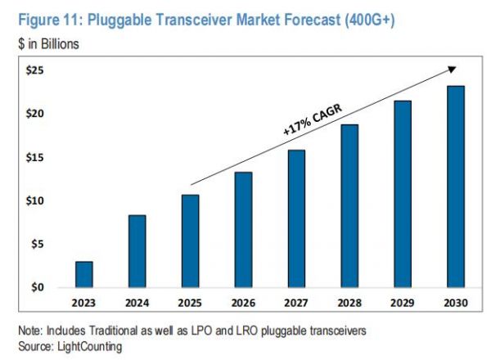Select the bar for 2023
tap(83, 274)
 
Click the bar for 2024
tap(137, 251)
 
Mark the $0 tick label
tap(38, 287)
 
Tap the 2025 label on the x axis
tap(190, 304)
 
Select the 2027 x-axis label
tap(296, 304)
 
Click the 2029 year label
tap(403, 304)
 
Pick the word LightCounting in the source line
tap(86, 347)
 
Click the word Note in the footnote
tap(29, 334)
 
